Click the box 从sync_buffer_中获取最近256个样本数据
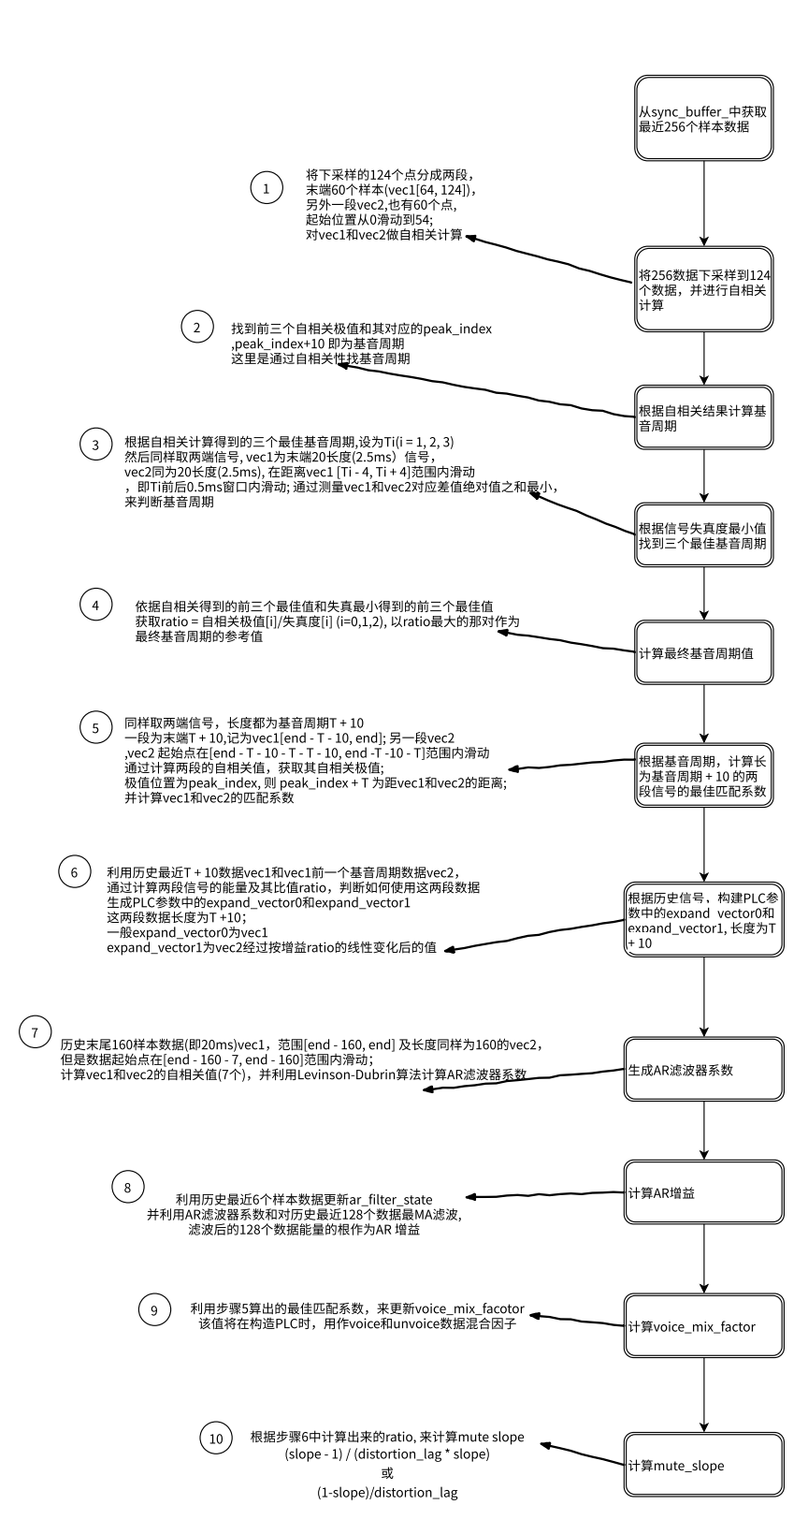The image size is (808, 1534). coord(703,119)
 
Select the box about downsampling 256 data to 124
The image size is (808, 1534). coord(703,289)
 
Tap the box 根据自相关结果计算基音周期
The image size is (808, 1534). coord(703,417)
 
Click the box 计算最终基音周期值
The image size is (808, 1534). coord(703,652)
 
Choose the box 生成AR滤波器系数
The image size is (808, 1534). coord(703,1069)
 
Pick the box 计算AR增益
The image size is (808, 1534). coord(703,1192)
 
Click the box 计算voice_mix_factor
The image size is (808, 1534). coord(703,1325)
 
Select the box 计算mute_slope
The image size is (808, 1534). coord(703,1465)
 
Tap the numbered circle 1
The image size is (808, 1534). coord(267,189)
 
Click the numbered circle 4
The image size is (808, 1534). coord(95,605)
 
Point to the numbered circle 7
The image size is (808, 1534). coord(35,1032)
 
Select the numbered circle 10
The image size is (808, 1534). coord(216,1439)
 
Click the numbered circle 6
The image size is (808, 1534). coord(74,871)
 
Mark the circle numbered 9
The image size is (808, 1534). coord(154,1310)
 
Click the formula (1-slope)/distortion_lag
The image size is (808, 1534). coord(387,1493)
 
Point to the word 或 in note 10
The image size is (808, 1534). coord(387,1473)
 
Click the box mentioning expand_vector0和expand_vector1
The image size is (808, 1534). coord(703,920)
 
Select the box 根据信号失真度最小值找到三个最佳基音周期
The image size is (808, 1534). coord(703,534)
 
